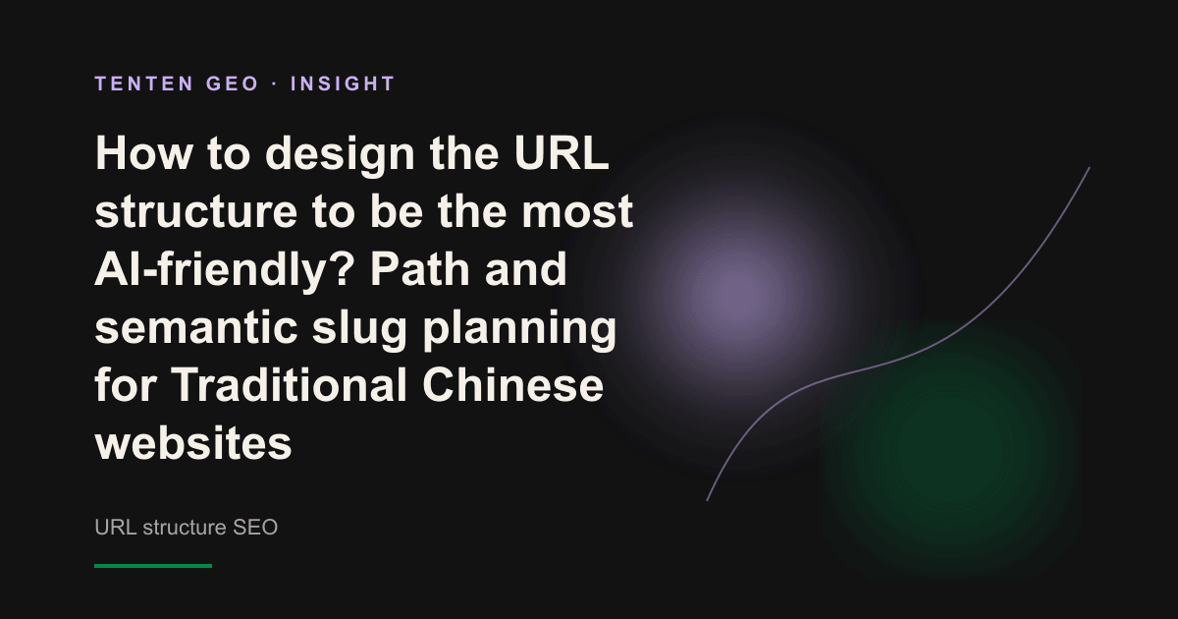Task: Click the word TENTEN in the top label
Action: point(144,84)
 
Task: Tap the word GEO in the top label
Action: point(233,84)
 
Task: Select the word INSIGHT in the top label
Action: point(343,84)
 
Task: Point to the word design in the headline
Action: point(340,156)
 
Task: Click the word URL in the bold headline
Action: point(562,153)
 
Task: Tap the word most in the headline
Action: point(577,212)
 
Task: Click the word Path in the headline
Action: point(420,269)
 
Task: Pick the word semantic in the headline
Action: point(195,328)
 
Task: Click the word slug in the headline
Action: point(359,330)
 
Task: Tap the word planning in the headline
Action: point(519,330)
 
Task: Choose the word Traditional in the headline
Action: point(289,385)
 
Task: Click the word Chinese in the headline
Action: point(512,385)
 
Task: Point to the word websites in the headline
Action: point(193,444)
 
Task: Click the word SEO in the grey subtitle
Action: point(255,528)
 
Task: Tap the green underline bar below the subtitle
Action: point(153,566)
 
